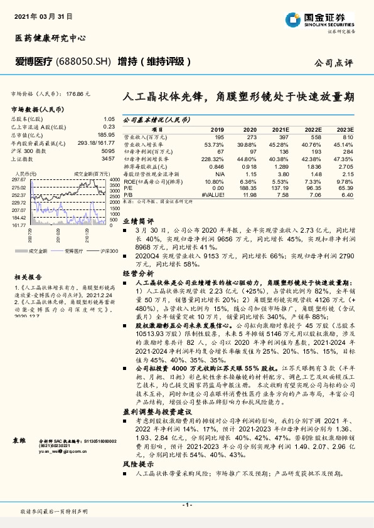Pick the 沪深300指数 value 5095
107,152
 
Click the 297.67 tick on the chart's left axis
19,179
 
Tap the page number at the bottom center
187,504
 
